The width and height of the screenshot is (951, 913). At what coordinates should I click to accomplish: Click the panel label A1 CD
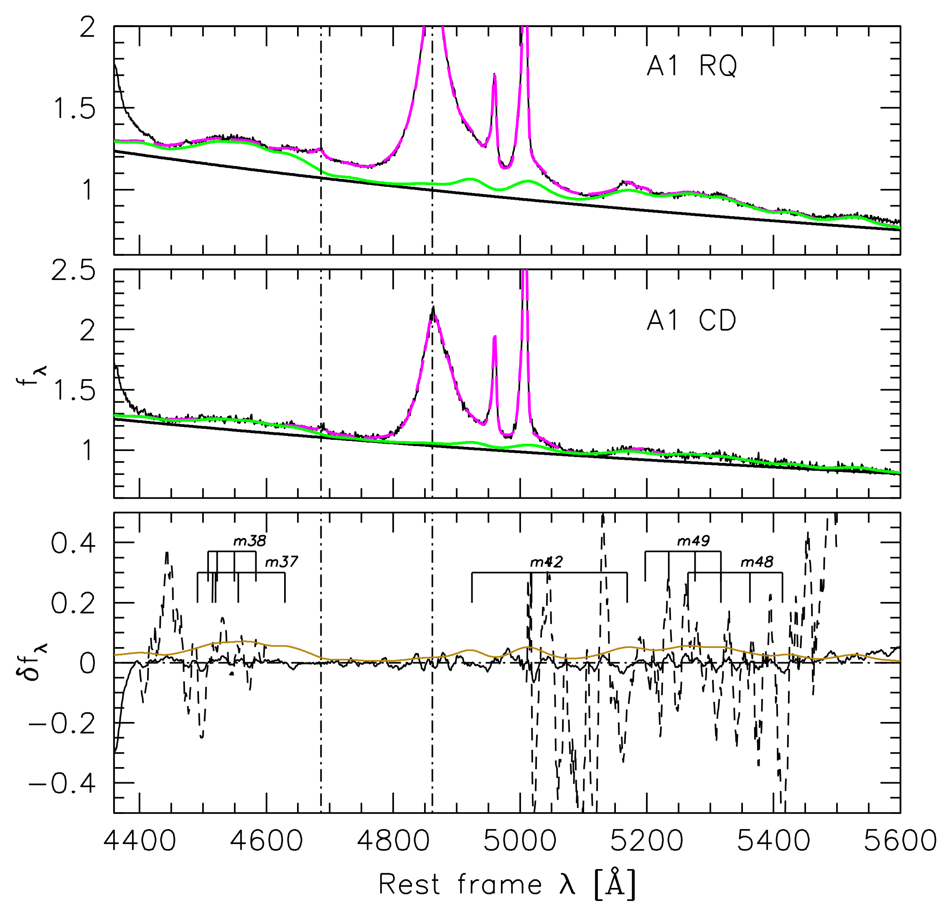pos(692,321)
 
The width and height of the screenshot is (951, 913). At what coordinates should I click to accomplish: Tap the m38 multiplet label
pos(249,541)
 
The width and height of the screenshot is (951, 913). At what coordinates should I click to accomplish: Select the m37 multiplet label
pos(281,562)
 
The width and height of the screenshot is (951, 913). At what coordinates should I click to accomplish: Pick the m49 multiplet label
pos(693,541)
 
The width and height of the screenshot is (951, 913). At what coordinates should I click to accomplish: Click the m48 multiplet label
pos(756,562)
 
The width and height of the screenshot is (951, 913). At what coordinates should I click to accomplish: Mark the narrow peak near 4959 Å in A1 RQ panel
pos(494,75)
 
